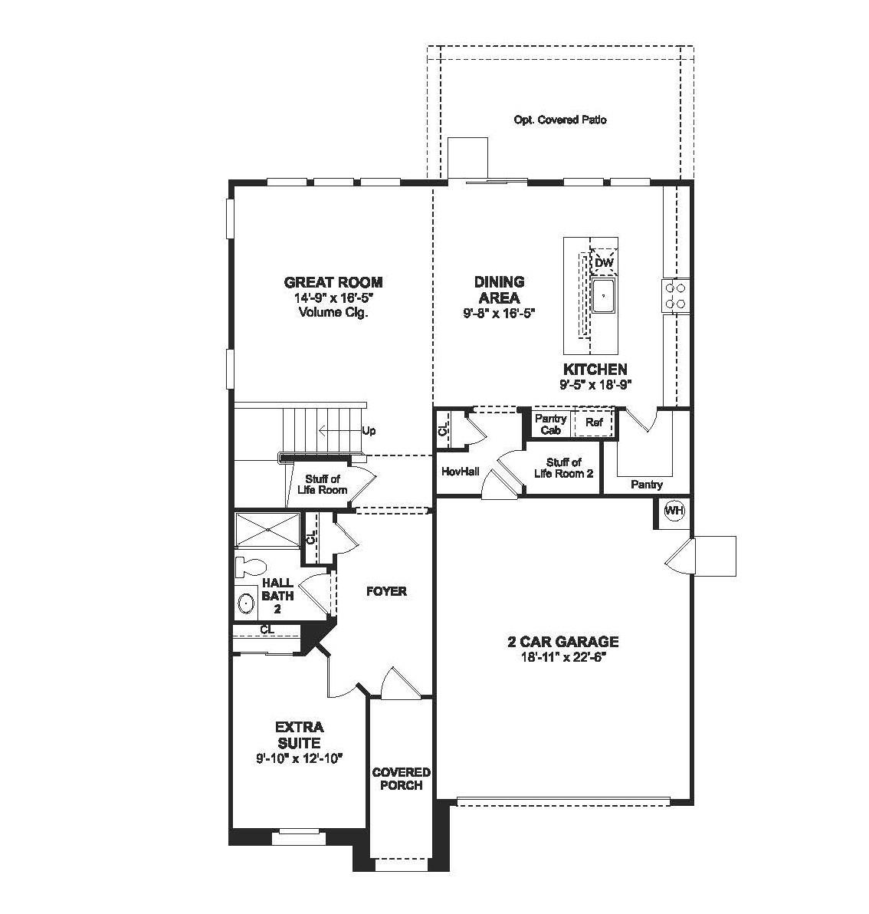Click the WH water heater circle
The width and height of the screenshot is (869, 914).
(674, 511)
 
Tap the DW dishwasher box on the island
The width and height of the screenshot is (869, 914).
(604, 262)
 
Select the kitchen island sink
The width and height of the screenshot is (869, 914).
(605, 296)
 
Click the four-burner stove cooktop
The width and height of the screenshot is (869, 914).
(675, 295)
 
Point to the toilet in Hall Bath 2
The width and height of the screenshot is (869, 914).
(248, 567)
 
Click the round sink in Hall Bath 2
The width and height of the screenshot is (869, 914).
(246, 603)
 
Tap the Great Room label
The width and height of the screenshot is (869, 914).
(333, 282)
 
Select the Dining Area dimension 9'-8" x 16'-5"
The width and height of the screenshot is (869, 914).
(499, 312)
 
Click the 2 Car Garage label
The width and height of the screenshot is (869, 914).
(563, 642)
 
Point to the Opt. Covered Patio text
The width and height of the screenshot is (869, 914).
(560, 120)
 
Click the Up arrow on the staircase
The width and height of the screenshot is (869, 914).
(341, 431)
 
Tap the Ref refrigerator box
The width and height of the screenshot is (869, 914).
(595, 422)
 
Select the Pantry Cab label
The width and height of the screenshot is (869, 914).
(550, 424)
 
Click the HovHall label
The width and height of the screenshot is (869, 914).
(461, 472)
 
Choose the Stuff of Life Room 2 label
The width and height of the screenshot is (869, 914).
(564, 468)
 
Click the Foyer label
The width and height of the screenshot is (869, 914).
(386, 591)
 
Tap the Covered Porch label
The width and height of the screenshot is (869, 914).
(401, 778)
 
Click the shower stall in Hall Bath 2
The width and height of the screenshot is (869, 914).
(267, 531)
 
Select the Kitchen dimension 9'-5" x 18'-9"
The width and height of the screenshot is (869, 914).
(595, 383)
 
